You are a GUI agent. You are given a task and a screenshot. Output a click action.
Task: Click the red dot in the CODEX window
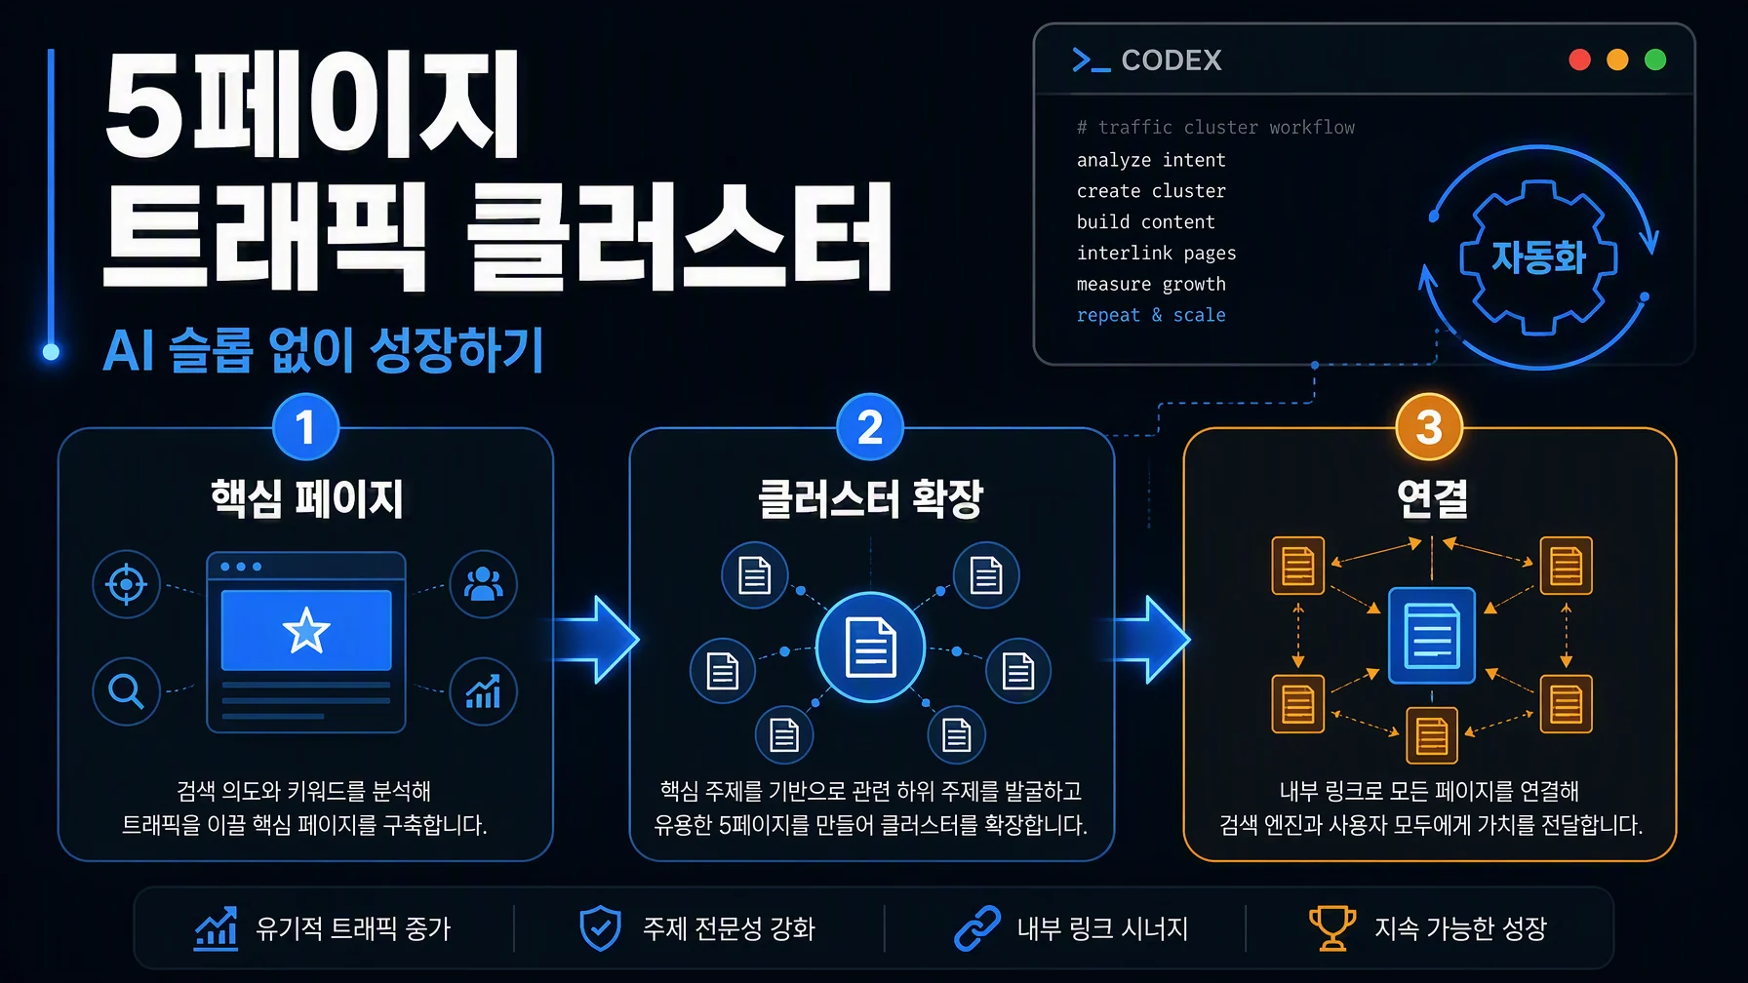pyautogui.click(x=1579, y=59)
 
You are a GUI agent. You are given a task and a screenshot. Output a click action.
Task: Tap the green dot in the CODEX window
pyautogui.click(x=1655, y=59)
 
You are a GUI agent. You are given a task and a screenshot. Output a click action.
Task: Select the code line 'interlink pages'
pyautogui.click(x=1156, y=253)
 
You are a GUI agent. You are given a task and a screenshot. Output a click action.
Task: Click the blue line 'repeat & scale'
pyautogui.click(x=1151, y=315)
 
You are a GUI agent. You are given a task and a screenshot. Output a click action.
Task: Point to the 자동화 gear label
pyautogui.click(x=1538, y=257)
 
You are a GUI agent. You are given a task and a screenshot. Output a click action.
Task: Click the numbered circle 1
pyautogui.click(x=305, y=427)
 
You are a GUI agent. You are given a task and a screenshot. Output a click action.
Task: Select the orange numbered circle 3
pyautogui.click(x=1429, y=427)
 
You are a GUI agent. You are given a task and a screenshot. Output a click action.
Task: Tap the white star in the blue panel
pyautogui.click(x=305, y=630)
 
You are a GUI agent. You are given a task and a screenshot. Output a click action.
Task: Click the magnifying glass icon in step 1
pyautogui.click(x=126, y=691)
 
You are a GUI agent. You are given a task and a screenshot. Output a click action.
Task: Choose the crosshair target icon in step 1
pyautogui.click(x=126, y=584)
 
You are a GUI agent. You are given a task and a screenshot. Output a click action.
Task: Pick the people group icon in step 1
pyautogui.click(x=483, y=584)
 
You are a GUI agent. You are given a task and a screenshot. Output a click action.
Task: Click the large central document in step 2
pyautogui.click(x=870, y=648)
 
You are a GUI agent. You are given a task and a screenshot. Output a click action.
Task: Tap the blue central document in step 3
pyautogui.click(x=1431, y=635)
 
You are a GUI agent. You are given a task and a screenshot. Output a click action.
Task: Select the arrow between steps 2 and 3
pyautogui.click(x=1151, y=639)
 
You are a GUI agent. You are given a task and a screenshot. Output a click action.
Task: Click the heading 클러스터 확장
pyautogui.click(x=870, y=499)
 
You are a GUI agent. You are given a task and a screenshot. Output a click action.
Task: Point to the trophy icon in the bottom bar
pyautogui.click(x=1331, y=927)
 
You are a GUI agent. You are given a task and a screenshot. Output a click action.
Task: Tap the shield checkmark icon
pyautogui.click(x=600, y=927)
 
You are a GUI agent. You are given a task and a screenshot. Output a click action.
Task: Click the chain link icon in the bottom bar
pyautogui.click(x=976, y=927)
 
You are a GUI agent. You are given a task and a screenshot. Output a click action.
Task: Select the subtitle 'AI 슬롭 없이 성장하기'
pyautogui.click(x=323, y=350)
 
